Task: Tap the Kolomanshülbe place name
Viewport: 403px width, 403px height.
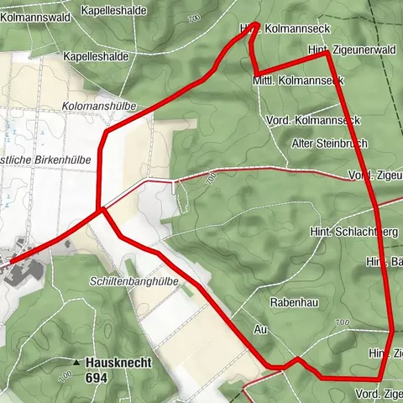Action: click(x=98, y=107)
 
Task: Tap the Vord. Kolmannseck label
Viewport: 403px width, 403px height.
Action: click(x=312, y=121)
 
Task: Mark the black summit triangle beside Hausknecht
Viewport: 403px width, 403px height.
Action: click(x=77, y=363)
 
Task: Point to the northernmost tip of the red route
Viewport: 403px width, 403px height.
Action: click(x=256, y=23)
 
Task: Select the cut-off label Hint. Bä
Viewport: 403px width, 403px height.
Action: click(x=383, y=264)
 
